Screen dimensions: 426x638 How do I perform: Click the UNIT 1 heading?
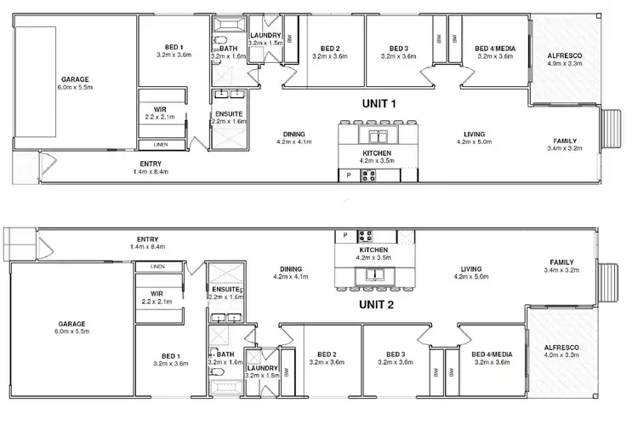[x=379, y=103]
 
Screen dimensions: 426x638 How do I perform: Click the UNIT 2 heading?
[x=379, y=304]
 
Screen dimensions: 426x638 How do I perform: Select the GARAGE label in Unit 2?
[x=71, y=324]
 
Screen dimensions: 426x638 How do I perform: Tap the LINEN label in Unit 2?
[x=157, y=267]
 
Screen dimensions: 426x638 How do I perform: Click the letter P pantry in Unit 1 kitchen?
[x=348, y=176]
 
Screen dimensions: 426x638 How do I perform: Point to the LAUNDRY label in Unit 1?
[x=265, y=34]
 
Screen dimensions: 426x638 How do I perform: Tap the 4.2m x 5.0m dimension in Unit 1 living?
[x=475, y=142]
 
